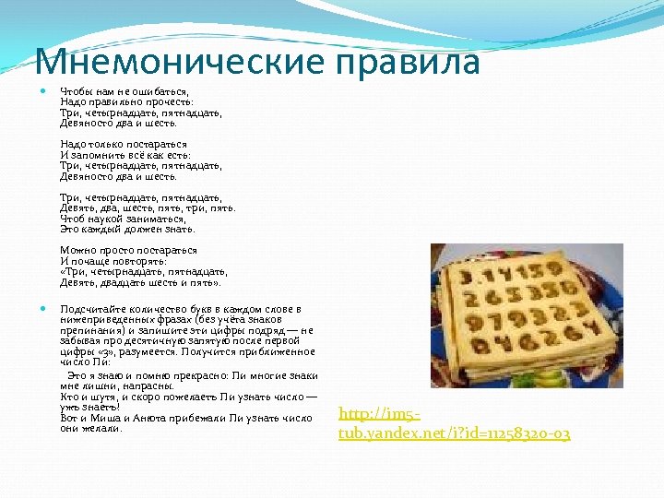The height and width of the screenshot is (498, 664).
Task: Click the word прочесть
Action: point(167,102)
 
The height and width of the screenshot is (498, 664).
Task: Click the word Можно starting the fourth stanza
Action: point(77,250)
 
